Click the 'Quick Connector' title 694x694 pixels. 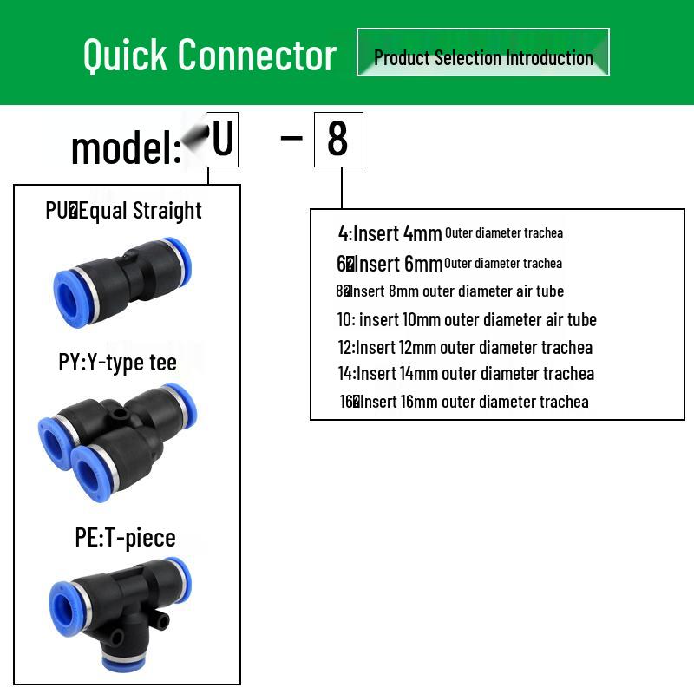click(x=209, y=55)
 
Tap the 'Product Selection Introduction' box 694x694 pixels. click(x=482, y=53)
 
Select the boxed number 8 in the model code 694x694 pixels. click(x=337, y=139)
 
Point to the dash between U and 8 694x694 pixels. click(x=291, y=136)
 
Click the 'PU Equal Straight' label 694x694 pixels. click(x=123, y=211)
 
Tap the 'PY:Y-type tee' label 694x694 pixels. click(x=118, y=362)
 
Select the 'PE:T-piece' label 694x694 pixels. click(x=125, y=537)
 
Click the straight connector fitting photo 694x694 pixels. click(x=122, y=277)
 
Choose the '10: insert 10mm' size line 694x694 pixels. click(x=467, y=319)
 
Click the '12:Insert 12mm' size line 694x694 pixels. click(x=465, y=347)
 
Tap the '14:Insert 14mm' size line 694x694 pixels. click(x=466, y=374)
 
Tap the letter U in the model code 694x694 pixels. click(x=222, y=139)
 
